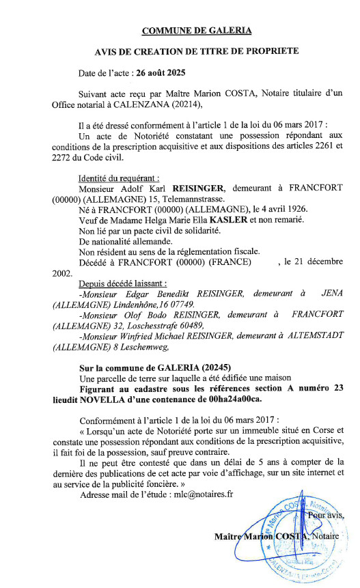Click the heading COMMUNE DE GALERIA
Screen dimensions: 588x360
[197, 30]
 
